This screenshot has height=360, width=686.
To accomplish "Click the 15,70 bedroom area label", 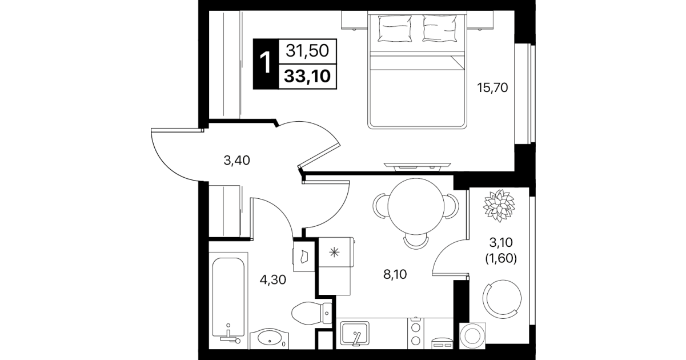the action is click(492, 88).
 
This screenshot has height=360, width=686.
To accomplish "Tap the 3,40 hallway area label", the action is click(236, 160).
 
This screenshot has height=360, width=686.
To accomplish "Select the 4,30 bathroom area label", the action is click(273, 280).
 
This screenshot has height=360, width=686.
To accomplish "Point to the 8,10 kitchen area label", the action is click(395, 274).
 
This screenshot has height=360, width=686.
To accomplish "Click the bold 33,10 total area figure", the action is click(307, 77).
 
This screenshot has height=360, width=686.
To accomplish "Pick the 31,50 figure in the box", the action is click(307, 51).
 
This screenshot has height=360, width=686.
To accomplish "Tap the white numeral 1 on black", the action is click(266, 62).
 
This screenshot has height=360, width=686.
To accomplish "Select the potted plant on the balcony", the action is click(499, 206).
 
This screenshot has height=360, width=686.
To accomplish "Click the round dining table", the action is click(416, 206).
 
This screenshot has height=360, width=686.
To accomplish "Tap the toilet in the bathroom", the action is click(311, 313).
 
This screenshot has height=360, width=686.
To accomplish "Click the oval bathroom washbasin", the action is click(269, 338).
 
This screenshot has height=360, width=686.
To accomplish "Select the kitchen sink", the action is click(355, 333).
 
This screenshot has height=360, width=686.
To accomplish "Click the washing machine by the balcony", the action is click(472, 336).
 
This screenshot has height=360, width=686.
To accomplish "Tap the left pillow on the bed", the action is click(394, 29).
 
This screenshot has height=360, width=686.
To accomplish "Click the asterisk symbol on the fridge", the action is click(334, 253).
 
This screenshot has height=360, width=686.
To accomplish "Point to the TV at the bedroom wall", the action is click(417, 166).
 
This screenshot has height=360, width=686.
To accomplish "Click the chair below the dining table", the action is click(416, 242).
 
